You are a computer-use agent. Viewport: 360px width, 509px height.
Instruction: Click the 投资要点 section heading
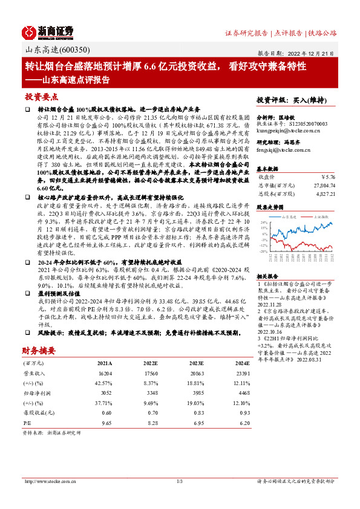click(41, 97)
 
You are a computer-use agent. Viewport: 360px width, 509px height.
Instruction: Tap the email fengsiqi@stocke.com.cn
click(283, 148)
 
